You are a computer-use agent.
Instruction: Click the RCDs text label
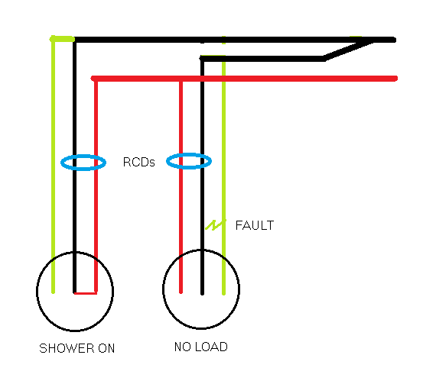tap(138, 163)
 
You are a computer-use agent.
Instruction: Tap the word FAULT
tap(254, 226)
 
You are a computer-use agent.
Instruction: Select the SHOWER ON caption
tap(77, 348)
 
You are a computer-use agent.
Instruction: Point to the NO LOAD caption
tap(201, 347)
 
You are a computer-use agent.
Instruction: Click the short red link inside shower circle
tap(86, 292)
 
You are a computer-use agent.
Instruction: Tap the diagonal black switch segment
tap(349, 50)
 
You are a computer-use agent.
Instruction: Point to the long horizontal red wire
tap(306, 78)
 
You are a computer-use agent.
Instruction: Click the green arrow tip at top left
tap(52, 38)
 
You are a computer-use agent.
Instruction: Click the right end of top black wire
tap(392, 39)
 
